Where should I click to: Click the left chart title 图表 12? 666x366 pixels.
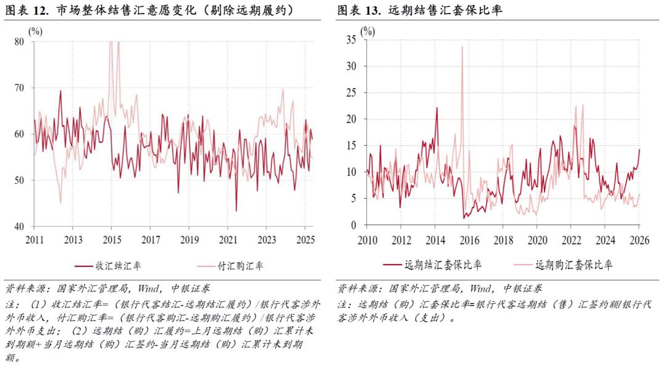pos(28,10)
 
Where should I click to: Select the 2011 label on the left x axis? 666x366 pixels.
pos(34,239)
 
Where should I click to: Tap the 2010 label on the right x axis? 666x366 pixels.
pos(368,239)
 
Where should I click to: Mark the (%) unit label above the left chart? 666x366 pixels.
pos(35,31)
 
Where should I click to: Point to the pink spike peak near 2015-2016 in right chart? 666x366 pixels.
pos(462,48)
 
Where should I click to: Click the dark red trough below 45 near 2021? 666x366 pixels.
pos(236,211)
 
